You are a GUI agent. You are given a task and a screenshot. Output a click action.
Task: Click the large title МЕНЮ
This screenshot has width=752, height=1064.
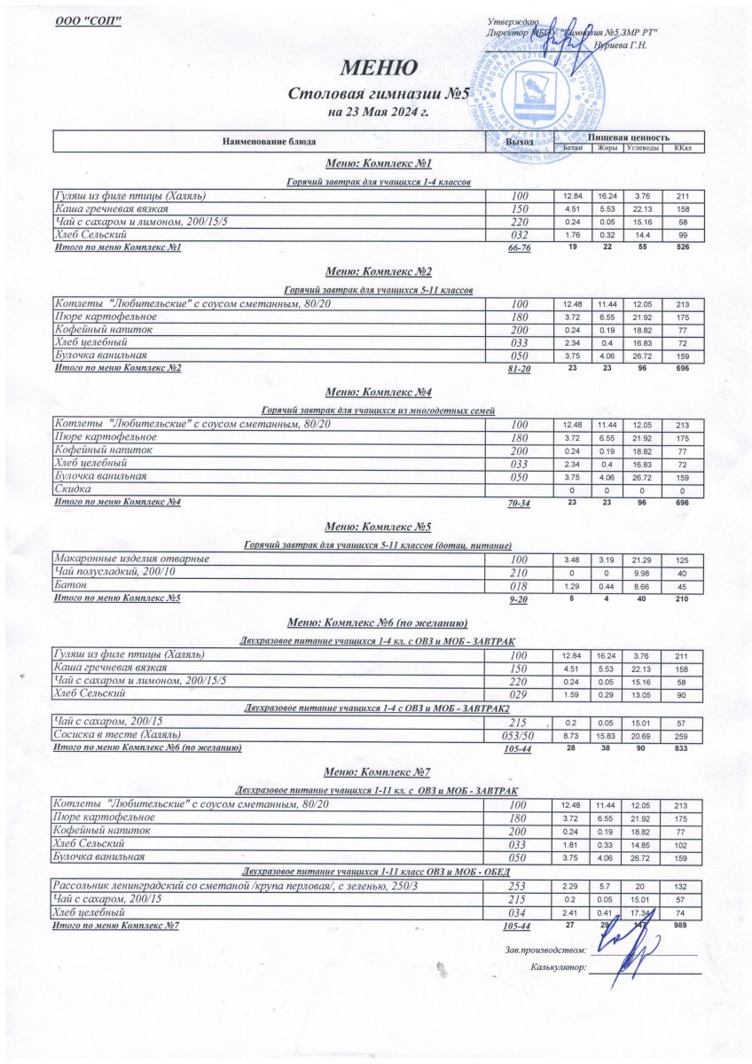376,68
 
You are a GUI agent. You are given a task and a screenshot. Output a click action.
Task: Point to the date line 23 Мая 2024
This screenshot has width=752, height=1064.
378,113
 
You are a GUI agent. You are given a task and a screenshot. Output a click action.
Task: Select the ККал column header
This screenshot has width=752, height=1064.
683,148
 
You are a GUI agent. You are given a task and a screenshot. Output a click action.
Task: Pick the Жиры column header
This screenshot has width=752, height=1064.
607,148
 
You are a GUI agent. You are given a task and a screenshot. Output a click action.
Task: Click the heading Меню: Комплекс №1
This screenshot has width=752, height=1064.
378,165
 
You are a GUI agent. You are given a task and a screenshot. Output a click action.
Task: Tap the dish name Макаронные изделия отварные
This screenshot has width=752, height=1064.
132,559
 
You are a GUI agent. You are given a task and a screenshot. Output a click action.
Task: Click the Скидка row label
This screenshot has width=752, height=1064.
73,489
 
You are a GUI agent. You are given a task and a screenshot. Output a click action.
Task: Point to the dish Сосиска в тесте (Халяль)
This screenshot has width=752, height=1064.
119,735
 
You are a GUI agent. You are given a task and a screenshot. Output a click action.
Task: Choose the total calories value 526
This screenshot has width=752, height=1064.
682,247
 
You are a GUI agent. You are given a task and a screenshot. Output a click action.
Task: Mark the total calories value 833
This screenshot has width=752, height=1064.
682,748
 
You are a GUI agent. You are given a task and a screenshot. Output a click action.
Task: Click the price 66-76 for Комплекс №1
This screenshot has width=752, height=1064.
519,248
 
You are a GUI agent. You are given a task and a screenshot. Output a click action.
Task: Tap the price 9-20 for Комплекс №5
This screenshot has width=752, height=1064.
519,600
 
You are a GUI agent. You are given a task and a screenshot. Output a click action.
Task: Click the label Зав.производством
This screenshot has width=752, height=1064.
544,950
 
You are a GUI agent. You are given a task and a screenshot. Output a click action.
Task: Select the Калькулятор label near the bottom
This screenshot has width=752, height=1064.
558,967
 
